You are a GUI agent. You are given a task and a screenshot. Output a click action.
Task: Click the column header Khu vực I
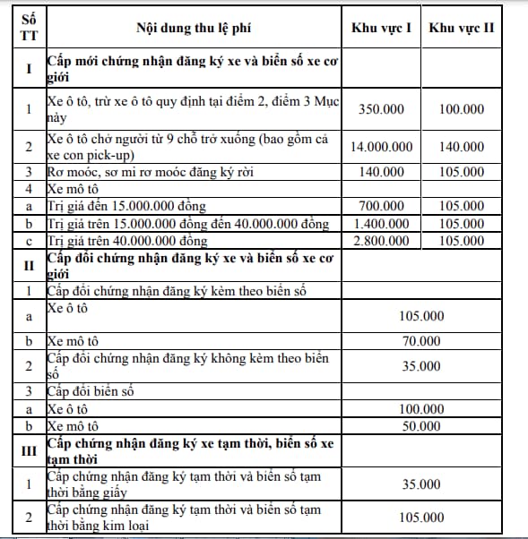(x=381, y=28)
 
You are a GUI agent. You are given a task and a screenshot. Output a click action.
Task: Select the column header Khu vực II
(x=462, y=28)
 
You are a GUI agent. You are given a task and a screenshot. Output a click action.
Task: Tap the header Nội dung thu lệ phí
(x=194, y=28)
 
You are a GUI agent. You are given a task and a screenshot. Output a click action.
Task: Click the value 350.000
(x=381, y=109)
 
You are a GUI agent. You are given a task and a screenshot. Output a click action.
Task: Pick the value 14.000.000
(x=381, y=147)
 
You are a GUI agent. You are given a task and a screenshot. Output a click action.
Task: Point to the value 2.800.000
(x=381, y=241)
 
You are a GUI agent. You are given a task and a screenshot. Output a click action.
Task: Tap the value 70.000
(x=421, y=340)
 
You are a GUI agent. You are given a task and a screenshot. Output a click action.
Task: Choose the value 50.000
(x=421, y=425)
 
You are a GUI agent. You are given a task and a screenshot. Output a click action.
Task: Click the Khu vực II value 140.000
(x=462, y=147)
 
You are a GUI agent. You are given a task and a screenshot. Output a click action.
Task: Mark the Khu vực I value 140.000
(x=381, y=171)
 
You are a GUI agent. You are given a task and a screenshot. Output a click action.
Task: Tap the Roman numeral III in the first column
(x=29, y=450)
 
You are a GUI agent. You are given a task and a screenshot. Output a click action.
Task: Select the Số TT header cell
(x=29, y=28)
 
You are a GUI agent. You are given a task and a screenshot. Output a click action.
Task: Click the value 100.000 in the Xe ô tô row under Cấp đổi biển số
(x=421, y=408)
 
